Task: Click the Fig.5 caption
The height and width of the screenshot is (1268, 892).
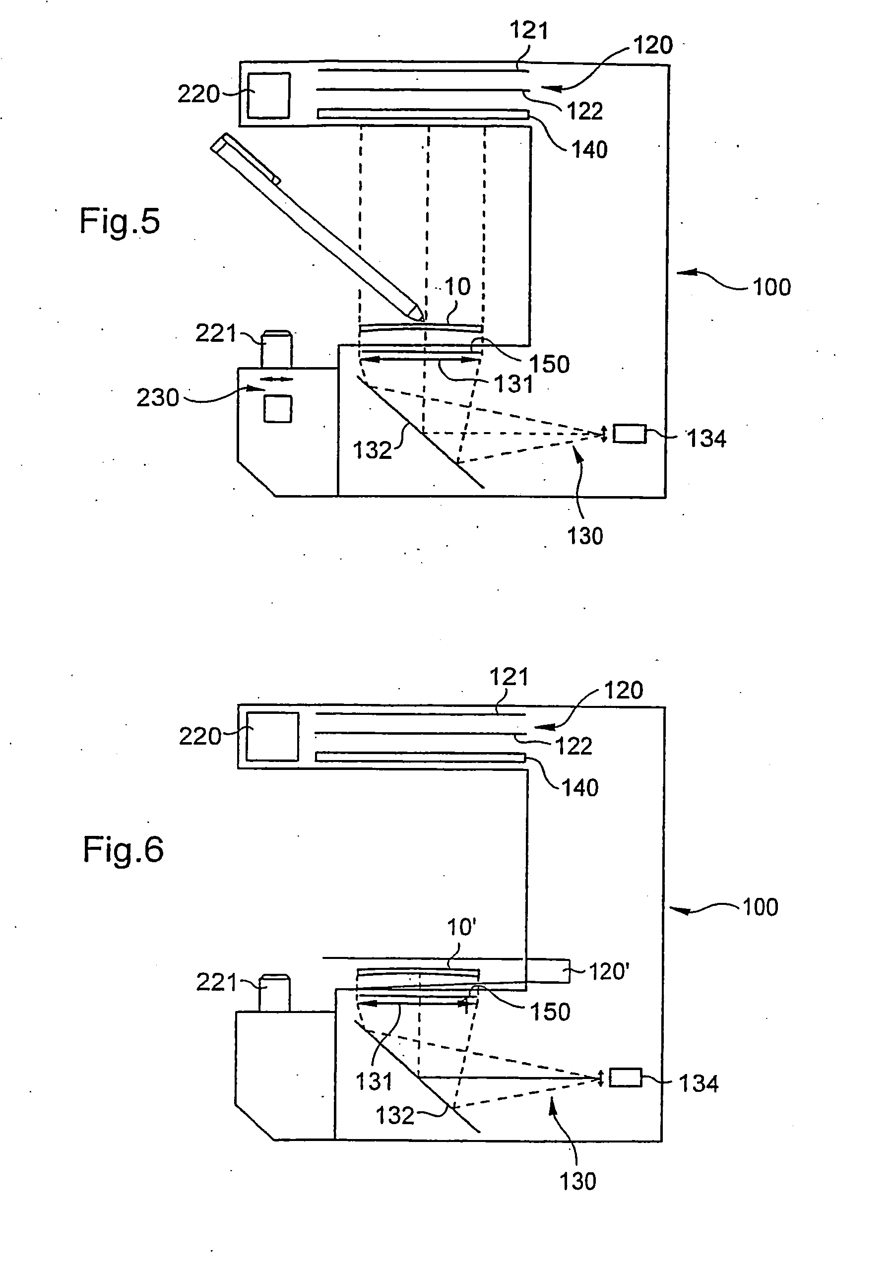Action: point(120,221)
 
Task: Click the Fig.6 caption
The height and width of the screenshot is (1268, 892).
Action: point(123,849)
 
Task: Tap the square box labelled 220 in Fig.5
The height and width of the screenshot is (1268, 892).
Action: point(268,96)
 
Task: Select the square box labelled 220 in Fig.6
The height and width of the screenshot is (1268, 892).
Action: point(272,736)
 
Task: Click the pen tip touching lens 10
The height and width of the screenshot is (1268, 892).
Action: point(423,319)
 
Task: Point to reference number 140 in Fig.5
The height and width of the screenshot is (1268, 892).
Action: point(589,150)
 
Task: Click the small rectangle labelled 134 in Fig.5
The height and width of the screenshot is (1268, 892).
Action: point(630,434)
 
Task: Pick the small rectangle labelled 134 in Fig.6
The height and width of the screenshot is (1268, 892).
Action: point(626,1078)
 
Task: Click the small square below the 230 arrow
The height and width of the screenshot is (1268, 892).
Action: point(278,409)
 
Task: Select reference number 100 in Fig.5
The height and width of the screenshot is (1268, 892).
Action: point(771,287)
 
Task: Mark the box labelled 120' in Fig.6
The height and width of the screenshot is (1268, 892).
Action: point(547,970)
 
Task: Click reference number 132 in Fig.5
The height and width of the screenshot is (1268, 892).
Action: point(372,450)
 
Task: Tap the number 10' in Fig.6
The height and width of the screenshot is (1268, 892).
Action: point(462,927)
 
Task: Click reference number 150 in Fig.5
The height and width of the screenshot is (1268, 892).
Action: point(550,365)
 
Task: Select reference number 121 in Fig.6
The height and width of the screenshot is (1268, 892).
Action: point(509,677)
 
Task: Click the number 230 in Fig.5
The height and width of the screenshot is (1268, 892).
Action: point(158,398)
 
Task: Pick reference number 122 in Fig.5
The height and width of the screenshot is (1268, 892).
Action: point(585,111)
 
